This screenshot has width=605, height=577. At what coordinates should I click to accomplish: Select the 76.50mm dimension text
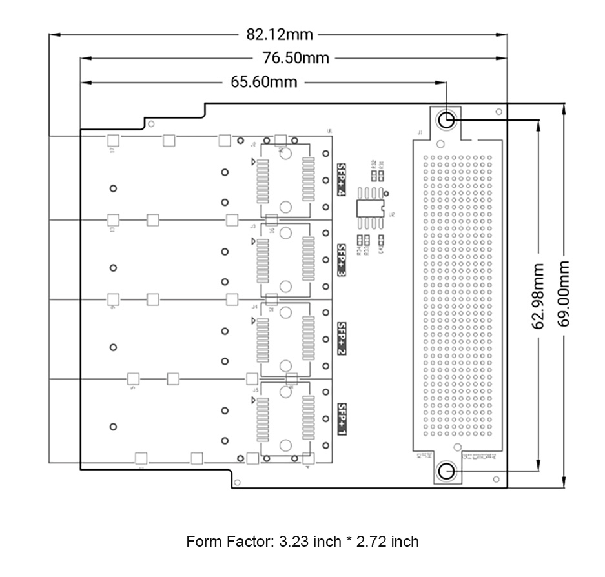(x=296, y=58)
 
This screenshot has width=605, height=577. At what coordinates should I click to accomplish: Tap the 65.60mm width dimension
(x=263, y=82)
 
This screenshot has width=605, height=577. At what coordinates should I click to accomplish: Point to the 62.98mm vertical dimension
(x=537, y=294)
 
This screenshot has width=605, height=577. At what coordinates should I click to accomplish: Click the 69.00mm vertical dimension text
(x=564, y=294)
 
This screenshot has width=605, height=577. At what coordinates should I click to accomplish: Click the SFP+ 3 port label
(x=342, y=260)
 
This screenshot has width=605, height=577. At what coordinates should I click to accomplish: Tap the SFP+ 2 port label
(x=342, y=339)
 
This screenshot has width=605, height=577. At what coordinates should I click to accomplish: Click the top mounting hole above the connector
(x=446, y=119)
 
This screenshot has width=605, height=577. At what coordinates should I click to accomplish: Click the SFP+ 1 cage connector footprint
(x=286, y=418)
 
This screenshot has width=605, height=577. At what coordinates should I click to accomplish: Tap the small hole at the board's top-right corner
(x=498, y=112)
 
